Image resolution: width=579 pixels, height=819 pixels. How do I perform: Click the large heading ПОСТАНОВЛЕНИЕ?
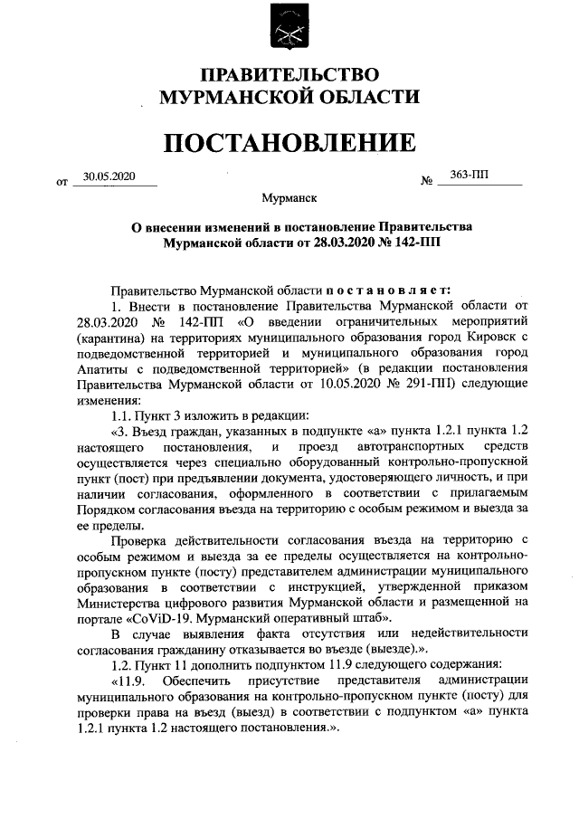[289, 142]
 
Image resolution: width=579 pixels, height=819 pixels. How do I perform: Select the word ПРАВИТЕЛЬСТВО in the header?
[289, 74]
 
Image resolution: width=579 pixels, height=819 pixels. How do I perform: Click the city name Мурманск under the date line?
[289, 196]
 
